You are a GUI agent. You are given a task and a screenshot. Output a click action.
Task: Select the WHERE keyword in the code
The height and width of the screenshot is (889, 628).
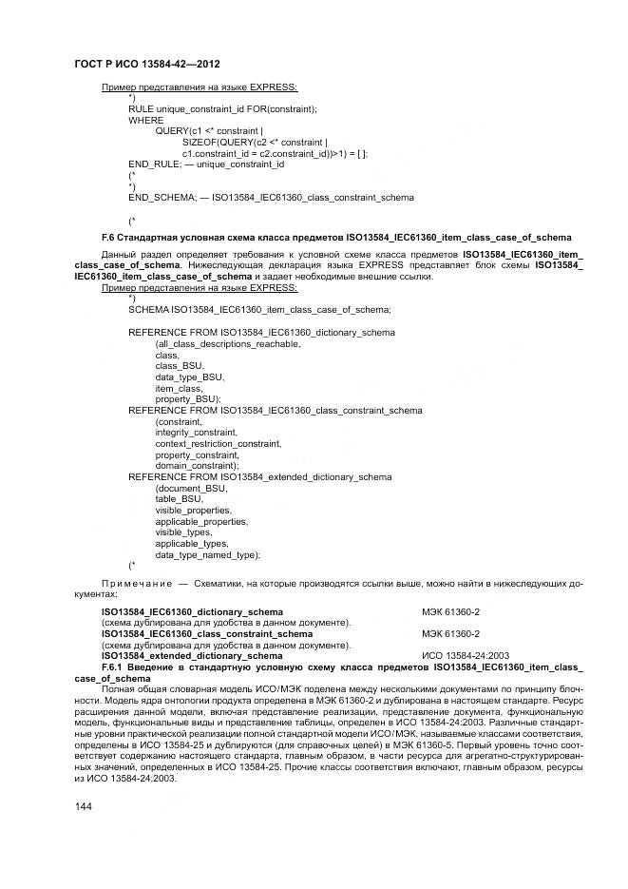click(x=145, y=120)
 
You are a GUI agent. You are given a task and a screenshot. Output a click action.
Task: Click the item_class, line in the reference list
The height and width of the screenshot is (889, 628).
click(x=180, y=388)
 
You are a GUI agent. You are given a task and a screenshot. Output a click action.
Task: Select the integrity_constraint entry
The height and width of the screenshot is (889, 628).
click(x=197, y=432)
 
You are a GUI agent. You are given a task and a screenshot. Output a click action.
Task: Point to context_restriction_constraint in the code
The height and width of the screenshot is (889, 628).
click(x=218, y=443)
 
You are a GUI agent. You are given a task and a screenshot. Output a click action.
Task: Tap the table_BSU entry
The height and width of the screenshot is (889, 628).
click(x=180, y=498)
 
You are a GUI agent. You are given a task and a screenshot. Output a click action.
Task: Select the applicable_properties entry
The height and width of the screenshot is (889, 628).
click(x=201, y=521)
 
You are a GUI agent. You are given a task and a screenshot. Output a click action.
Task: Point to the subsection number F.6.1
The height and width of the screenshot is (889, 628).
click(x=114, y=667)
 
